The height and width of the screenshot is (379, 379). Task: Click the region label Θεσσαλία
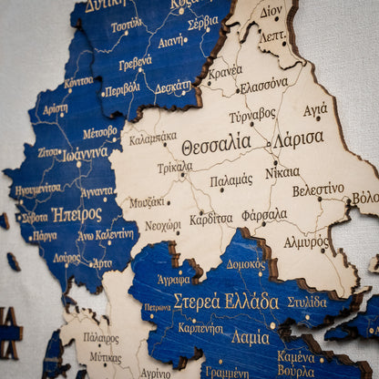coord(215,144)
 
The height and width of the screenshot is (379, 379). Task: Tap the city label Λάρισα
coord(298,138)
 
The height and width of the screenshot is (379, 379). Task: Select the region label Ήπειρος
coord(77,215)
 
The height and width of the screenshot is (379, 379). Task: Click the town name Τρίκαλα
coord(174,168)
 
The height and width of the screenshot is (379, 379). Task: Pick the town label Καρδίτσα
coord(211,219)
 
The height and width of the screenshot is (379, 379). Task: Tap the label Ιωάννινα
coord(86,154)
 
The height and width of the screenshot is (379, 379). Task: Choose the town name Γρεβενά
coord(135,64)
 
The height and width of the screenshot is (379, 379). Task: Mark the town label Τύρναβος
coord(252,116)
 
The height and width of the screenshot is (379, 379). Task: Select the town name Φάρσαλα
coord(264,215)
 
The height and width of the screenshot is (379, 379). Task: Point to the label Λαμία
coord(250,337)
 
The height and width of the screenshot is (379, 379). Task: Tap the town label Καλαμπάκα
coord(152,138)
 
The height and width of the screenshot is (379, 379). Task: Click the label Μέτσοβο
coord(100,132)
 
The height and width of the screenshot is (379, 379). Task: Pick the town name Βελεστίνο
coord(318,190)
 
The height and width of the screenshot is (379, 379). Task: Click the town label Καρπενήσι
coord(200,327)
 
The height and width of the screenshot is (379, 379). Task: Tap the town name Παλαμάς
coord(231,180)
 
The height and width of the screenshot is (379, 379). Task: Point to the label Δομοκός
coord(246,265)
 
